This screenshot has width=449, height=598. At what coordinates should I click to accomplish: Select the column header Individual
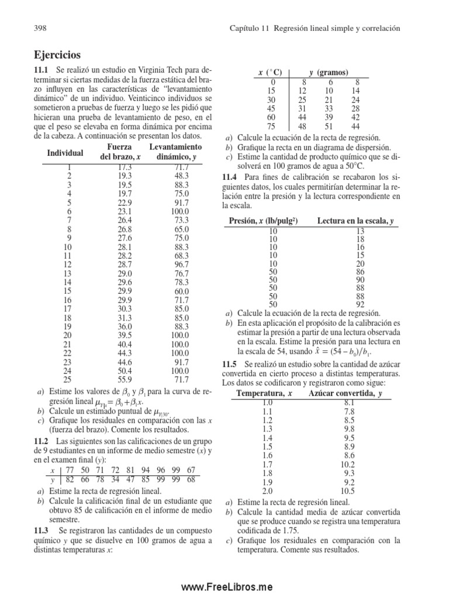[64, 153]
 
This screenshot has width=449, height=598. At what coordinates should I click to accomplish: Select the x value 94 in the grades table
[145, 470]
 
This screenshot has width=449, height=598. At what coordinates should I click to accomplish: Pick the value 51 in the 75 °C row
[329, 127]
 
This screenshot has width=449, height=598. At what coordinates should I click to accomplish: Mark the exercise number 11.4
[230, 176]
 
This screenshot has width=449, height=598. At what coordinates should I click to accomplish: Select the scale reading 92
[360, 304]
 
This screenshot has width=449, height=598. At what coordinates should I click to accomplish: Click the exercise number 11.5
[230, 363]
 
